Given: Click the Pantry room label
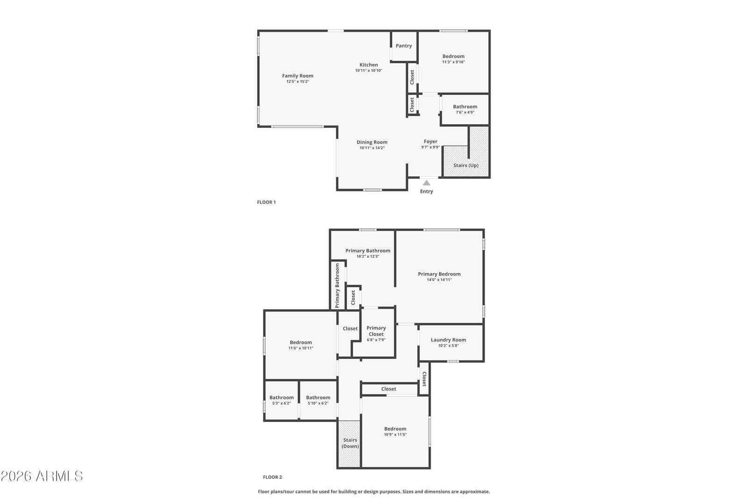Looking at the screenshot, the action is point(404,46).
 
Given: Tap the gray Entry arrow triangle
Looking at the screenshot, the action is point(426,183).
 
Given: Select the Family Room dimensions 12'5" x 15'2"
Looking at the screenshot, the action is point(297,81).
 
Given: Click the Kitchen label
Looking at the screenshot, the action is point(369,65).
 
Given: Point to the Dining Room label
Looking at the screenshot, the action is point(372,142).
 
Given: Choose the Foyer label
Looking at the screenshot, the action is point(431,141).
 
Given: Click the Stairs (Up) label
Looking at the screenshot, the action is point(466,166).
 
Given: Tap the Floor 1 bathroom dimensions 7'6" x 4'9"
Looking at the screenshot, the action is point(465,112).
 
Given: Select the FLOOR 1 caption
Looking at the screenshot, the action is point(266,202).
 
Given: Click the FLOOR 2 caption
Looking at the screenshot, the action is point(273,477).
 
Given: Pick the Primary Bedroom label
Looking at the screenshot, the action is point(439,274).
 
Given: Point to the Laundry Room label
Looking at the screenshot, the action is point(448,340).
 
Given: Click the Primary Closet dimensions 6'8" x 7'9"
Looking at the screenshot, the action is point(376,340).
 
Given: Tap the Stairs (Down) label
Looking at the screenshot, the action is point(350,443).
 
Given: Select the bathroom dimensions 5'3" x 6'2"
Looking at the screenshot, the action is point(281,403).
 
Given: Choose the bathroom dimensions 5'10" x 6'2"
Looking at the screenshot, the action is point(318,403).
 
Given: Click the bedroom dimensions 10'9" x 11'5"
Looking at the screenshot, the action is point(395,434).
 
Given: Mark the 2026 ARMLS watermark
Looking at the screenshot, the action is point(42,476).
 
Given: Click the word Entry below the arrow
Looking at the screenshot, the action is point(426,191).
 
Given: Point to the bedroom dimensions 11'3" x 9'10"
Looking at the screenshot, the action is point(453,62).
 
